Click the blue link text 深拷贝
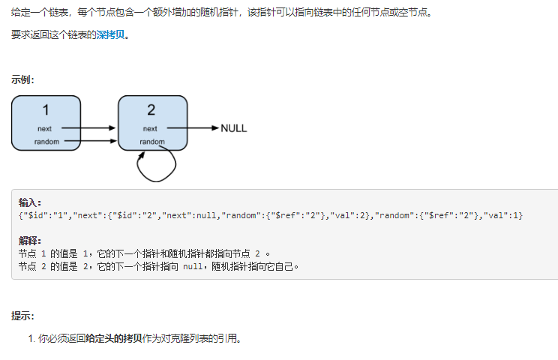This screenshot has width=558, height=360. [112, 34]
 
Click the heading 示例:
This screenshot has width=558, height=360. [22, 79]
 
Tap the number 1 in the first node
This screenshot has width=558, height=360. [46, 110]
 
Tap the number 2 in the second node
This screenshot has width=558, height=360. [151, 110]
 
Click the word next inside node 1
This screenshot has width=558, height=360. [45, 129]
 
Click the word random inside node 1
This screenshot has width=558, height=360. [46, 141]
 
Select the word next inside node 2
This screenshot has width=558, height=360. [151, 129]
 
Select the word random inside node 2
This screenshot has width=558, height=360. [152, 141]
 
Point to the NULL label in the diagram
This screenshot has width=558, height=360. [233, 128]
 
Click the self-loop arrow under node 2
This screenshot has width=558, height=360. [158, 166]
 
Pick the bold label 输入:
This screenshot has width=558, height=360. [30, 202]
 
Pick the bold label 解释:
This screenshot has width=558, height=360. [30, 240]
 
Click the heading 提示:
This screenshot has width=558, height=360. [22, 316]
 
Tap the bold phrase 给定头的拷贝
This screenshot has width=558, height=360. [113, 338]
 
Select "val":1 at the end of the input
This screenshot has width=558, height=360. [503, 215]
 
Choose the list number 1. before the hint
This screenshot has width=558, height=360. [31, 338]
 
